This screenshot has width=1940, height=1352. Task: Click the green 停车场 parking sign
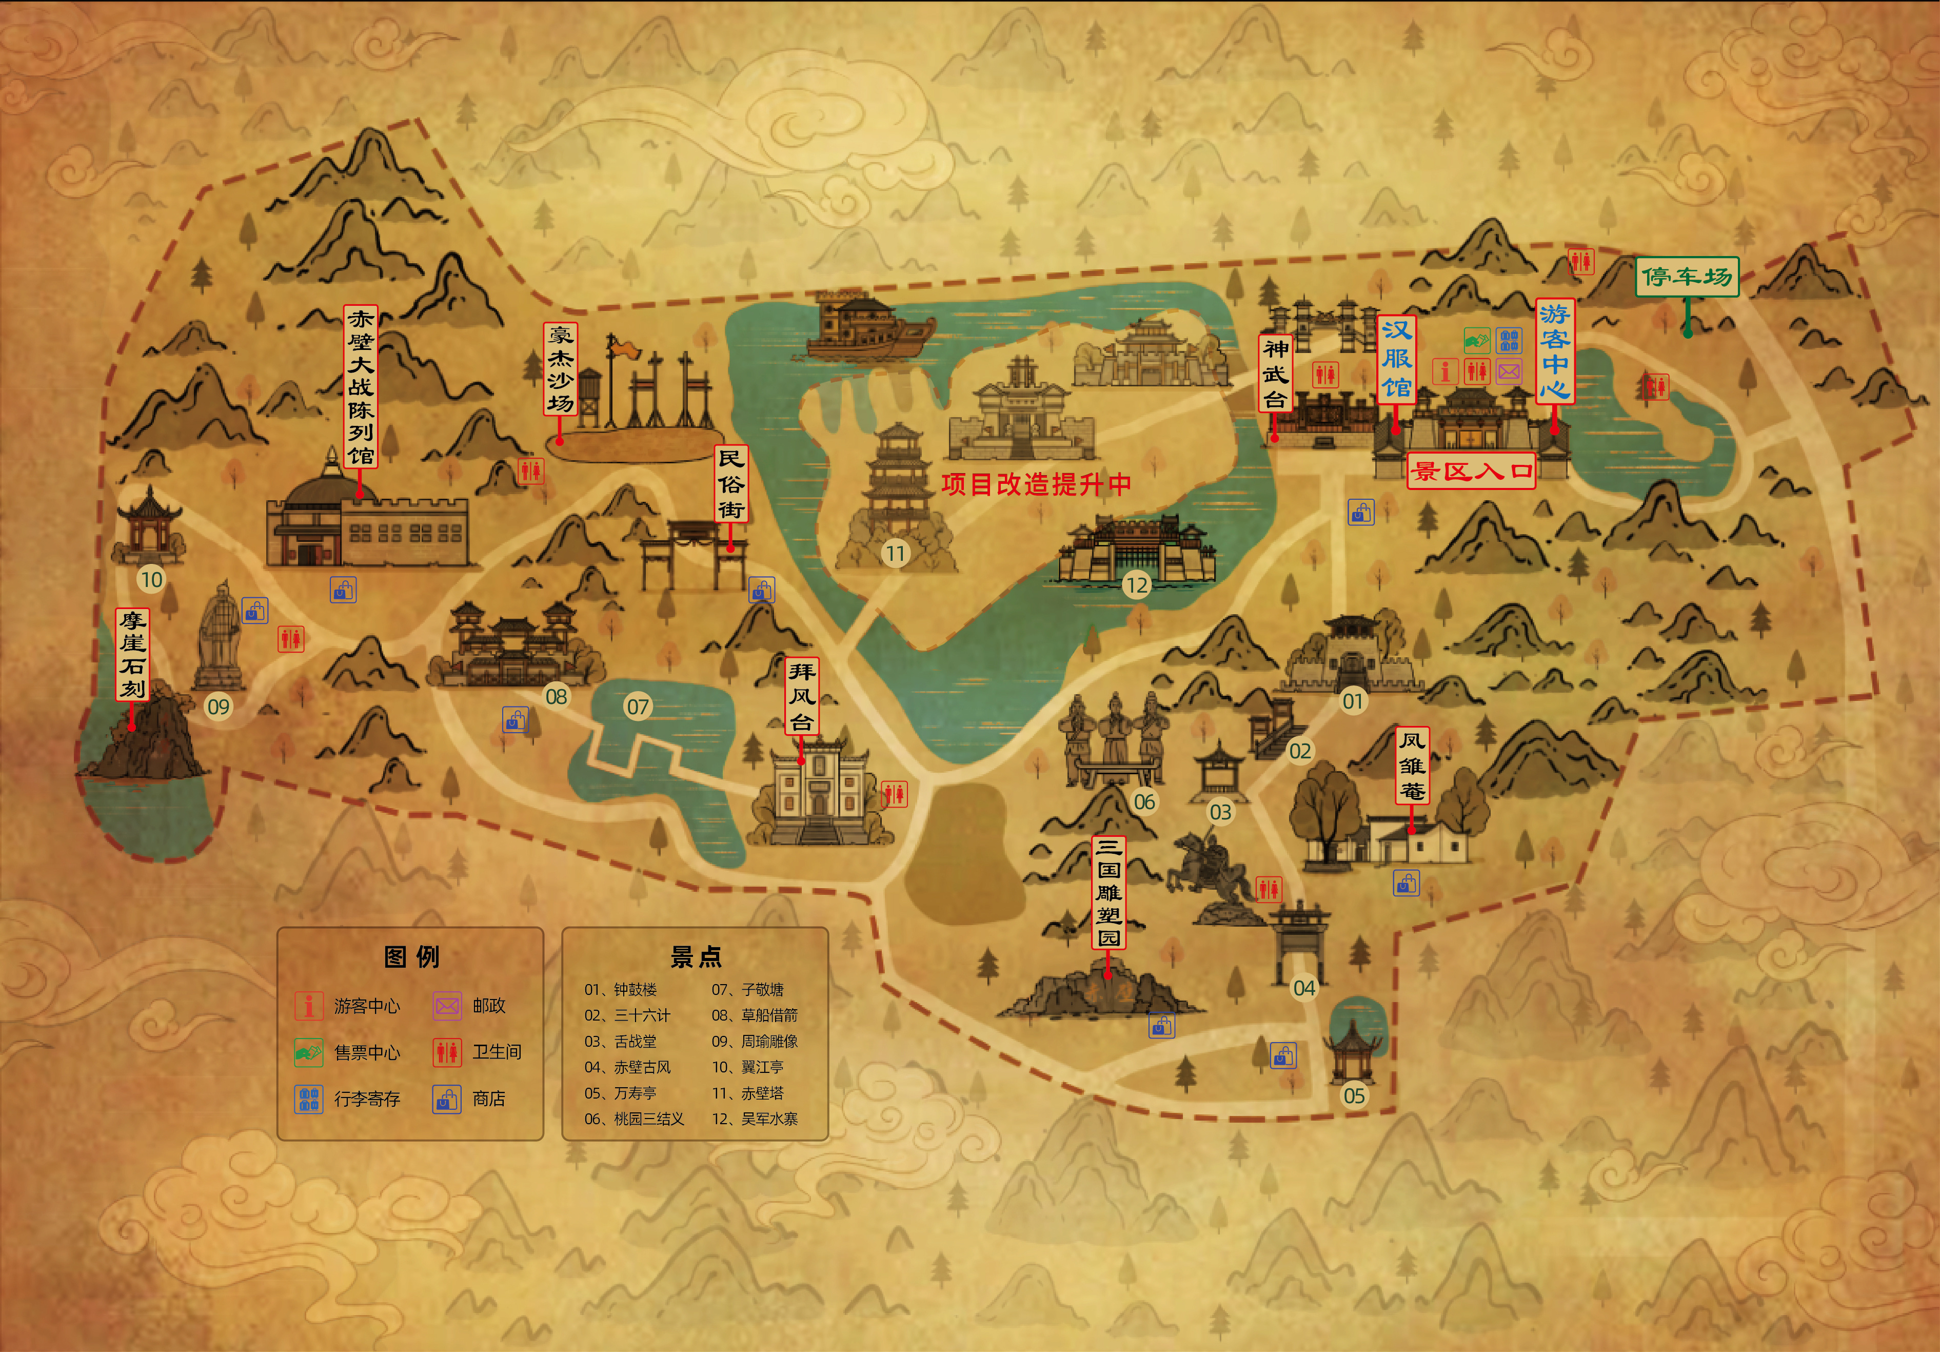click(1687, 277)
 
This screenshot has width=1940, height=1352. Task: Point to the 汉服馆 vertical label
click(1397, 358)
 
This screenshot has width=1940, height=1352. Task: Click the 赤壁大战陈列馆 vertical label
click(361, 387)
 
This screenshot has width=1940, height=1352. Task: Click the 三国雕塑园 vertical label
click(1108, 893)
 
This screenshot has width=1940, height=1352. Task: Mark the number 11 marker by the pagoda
click(895, 554)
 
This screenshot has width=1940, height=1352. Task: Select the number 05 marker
click(1354, 1096)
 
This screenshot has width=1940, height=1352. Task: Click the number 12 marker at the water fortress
click(1137, 585)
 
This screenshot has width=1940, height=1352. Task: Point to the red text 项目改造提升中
click(1036, 484)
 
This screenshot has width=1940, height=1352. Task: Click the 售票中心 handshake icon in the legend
click(308, 1052)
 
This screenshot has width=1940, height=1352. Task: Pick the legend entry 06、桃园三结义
click(634, 1119)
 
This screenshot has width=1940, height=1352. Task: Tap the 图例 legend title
click(411, 956)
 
